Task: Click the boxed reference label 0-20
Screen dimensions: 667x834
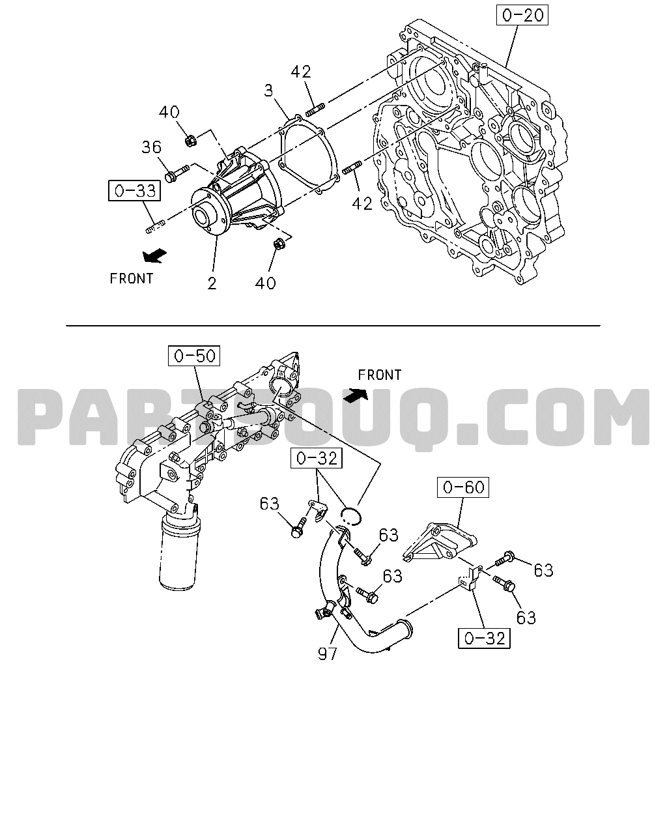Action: pyautogui.click(x=522, y=16)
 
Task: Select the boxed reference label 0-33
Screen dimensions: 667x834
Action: pyautogui.click(x=134, y=190)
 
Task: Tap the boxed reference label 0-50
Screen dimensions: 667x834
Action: pyautogui.click(x=194, y=356)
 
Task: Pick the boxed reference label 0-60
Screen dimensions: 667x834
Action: pyautogui.click(x=462, y=487)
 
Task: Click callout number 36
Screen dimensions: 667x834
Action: pyautogui.click(x=151, y=147)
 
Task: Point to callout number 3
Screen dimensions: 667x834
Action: pyautogui.click(x=268, y=91)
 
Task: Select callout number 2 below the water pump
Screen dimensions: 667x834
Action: pyautogui.click(x=212, y=283)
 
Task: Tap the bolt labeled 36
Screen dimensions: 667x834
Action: pyautogui.click(x=177, y=173)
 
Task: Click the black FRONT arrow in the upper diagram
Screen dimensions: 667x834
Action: pyautogui.click(x=154, y=256)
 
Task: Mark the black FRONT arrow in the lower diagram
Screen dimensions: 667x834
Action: pyautogui.click(x=356, y=395)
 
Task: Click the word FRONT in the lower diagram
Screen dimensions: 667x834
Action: pyautogui.click(x=380, y=375)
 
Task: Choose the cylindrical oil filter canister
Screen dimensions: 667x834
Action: pyautogui.click(x=179, y=551)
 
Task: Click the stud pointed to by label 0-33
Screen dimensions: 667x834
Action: pyautogui.click(x=156, y=226)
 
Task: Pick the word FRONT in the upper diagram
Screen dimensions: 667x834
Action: pyautogui.click(x=132, y=279)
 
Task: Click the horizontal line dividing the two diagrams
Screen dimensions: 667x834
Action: pyautogui.click(x=333, y=326)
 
